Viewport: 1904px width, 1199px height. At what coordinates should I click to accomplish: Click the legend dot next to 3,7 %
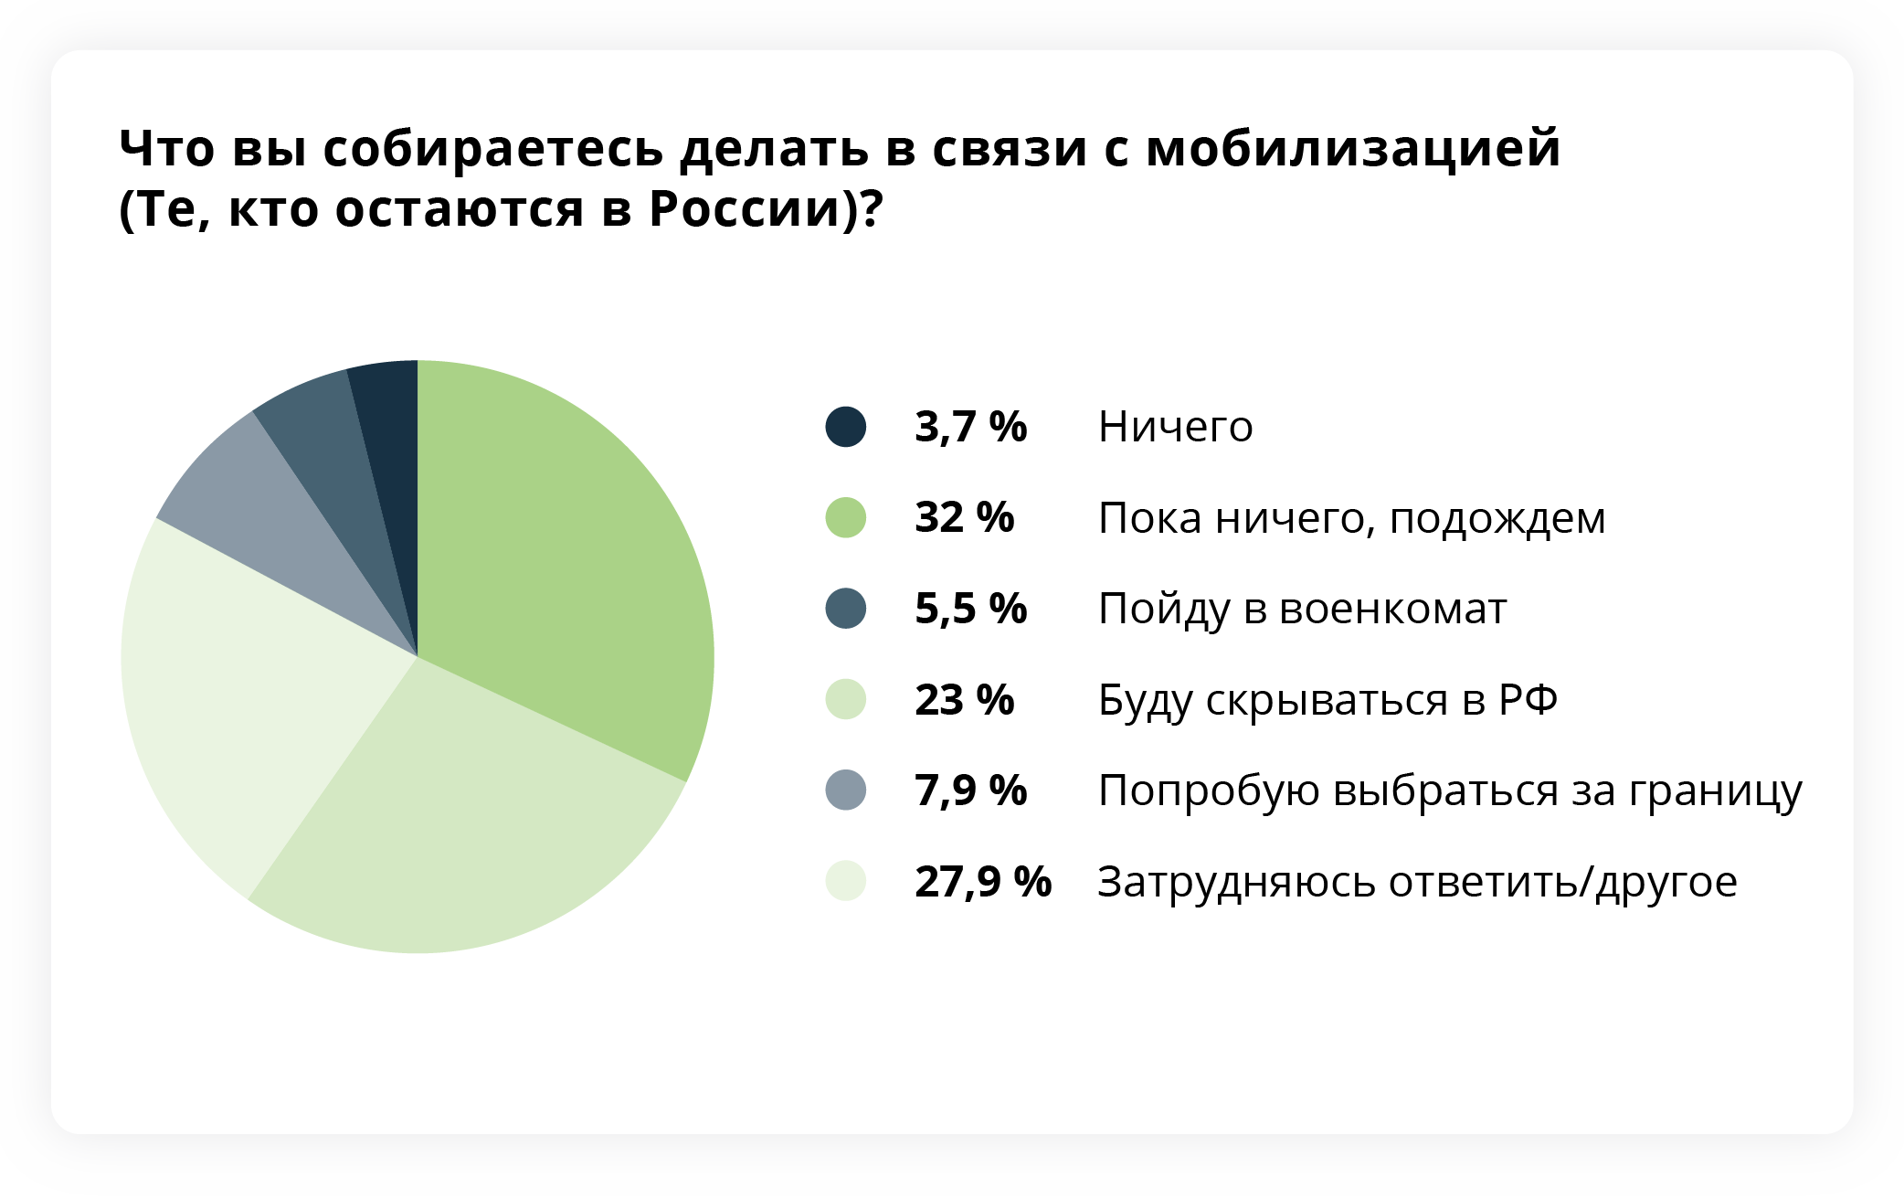tap(846, 427)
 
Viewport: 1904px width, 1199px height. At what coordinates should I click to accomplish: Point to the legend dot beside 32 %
tap(846, 517)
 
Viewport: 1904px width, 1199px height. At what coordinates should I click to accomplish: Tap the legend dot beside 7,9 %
tap(846, 790)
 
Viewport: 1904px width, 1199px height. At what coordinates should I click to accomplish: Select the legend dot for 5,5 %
tap(846, 609)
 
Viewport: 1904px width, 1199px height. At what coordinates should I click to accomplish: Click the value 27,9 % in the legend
tap(983, 882)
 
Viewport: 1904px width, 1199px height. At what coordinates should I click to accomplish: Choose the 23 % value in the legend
tap(965, 700)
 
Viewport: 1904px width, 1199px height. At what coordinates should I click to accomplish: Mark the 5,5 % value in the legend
tap(971, 609)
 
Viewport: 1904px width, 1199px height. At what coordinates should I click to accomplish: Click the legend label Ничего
tap(1176, 427)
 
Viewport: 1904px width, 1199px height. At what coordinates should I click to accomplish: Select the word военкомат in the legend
tap(1393, 610)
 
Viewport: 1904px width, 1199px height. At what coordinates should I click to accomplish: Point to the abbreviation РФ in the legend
tap(1528, 700)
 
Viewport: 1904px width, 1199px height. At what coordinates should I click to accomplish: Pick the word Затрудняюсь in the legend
tap(1235, 883)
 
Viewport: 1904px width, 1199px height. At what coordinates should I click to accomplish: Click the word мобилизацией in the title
tap(1353, 148)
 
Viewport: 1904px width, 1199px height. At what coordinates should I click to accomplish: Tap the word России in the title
tap(745, 209)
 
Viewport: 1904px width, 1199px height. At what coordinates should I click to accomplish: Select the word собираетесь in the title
tap(493, 148)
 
